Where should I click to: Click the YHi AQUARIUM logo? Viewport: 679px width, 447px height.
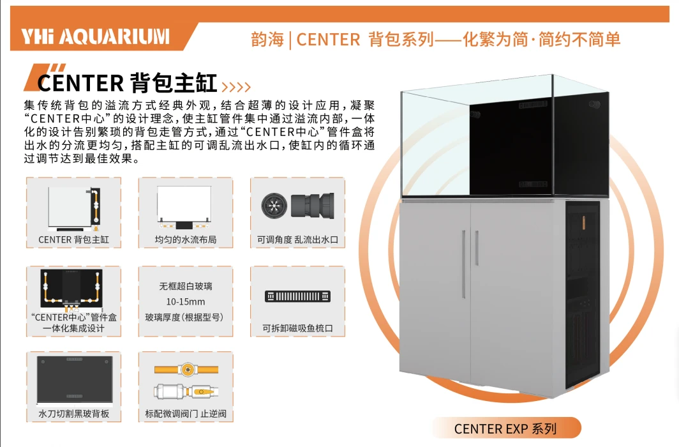pyautogui.click(x=95, y=36)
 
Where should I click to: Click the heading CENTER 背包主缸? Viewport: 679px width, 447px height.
pyautogui.click(x=127, y=83)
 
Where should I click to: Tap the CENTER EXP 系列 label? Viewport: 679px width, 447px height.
pyautogui.click(x=505, y=428)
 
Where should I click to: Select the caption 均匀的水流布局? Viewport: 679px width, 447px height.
pyautogui.click(x=185, y=240)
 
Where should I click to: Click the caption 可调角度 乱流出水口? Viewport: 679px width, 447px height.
pyautogui.click(x=297, y=240)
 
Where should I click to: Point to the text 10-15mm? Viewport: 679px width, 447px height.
pyautogui.click(x=185, y=301)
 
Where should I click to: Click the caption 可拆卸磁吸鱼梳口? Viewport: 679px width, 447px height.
pyautogui.click(x=297, y=329)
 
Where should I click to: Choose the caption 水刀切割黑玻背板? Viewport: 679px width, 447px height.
pyautogui.click(x=74, y=414)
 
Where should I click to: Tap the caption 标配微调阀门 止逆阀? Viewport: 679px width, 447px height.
pyautogui.click(x=185, y=414)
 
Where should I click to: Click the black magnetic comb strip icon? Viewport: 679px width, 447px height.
pyautogui.click(x=297, y=296)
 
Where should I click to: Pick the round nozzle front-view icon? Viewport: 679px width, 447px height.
pyautogui.click(x=274, y=205)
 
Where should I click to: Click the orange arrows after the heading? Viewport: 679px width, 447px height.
pyautogui.click(x=236, y=86)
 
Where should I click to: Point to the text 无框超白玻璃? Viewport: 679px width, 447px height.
pyautogui.click(x=185, y=286)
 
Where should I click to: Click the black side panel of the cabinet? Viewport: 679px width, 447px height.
pyautogui.click(x=582, y=294)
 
